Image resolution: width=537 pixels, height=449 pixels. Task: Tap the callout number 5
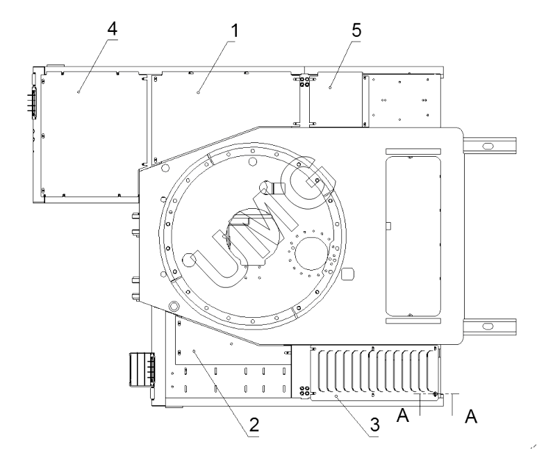357,30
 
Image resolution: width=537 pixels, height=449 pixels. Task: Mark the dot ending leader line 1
198,90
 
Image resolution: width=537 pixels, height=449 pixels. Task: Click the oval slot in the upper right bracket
488,146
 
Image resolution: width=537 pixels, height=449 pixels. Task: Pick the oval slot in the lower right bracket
488,325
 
